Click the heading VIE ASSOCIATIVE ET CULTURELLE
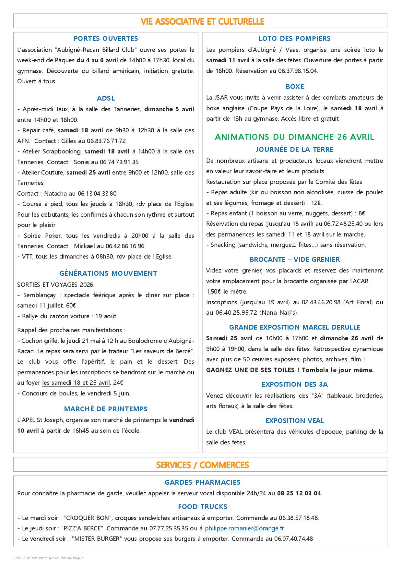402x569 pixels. (x=202, y=21)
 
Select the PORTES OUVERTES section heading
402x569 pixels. (x=106, y=39)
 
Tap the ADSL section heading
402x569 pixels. (x=106, y=98)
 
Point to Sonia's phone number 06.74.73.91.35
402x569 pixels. (x=119, y=162)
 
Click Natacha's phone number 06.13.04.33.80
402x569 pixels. (x=97, y=194)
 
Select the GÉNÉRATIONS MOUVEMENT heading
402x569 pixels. (x=108, y=273)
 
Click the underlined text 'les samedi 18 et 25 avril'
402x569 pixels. (x=76, y=383)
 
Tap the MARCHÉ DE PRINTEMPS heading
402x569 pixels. (x=106, y=409)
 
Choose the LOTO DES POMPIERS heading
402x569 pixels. (x=294, y=39)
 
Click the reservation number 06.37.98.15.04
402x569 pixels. (x=298, y=71)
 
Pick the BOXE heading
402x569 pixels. (x=295, y=87)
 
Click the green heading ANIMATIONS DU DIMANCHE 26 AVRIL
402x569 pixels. (x=294, y=137)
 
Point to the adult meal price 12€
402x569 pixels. (x=316, y=203)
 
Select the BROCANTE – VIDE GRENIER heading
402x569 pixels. (x=295, y=260)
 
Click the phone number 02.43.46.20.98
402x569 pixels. (x=321, y=302)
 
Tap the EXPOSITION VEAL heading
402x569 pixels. (x=295, y=421)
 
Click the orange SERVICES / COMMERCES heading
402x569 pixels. (x=202, y=465)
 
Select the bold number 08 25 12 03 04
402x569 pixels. (x=299, y=493)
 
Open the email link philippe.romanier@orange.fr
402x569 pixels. (x=244, y=528)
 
